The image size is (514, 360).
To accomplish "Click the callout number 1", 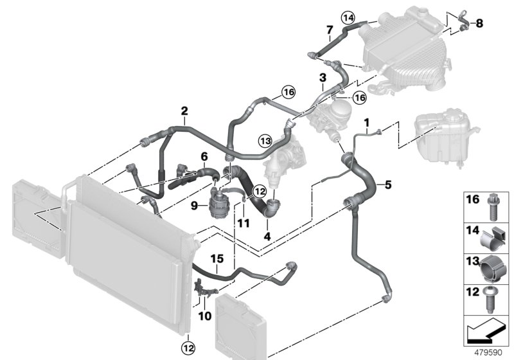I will [367, 122].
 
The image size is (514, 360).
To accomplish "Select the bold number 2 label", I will [184, 111].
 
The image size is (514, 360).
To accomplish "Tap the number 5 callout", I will [387, 185].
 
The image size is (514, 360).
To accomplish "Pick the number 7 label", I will [329, 30].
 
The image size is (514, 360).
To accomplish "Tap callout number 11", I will [244, 222].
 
